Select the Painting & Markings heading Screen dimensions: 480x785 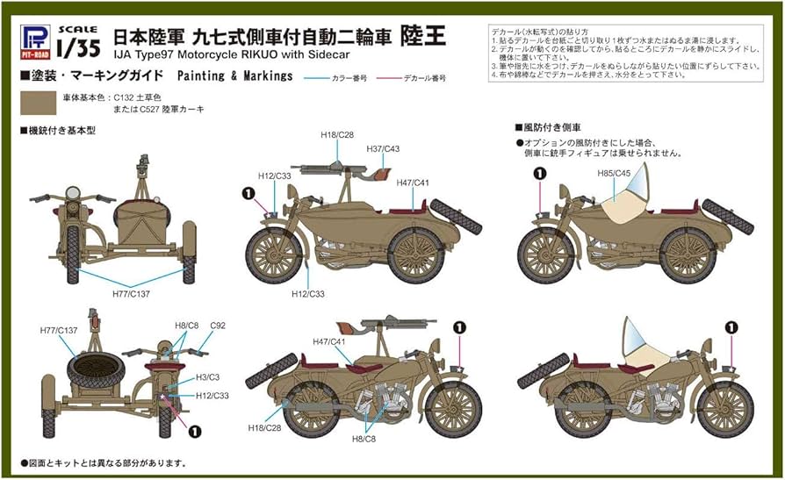tap(234, 76)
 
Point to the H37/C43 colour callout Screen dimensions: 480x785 tap(383, 149)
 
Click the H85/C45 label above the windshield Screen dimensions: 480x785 tap(615, 173)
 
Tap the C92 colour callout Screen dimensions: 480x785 tap(217, 325)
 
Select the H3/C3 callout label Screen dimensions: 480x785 tap(208, 376)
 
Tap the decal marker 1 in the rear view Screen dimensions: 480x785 tap(194, 431)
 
